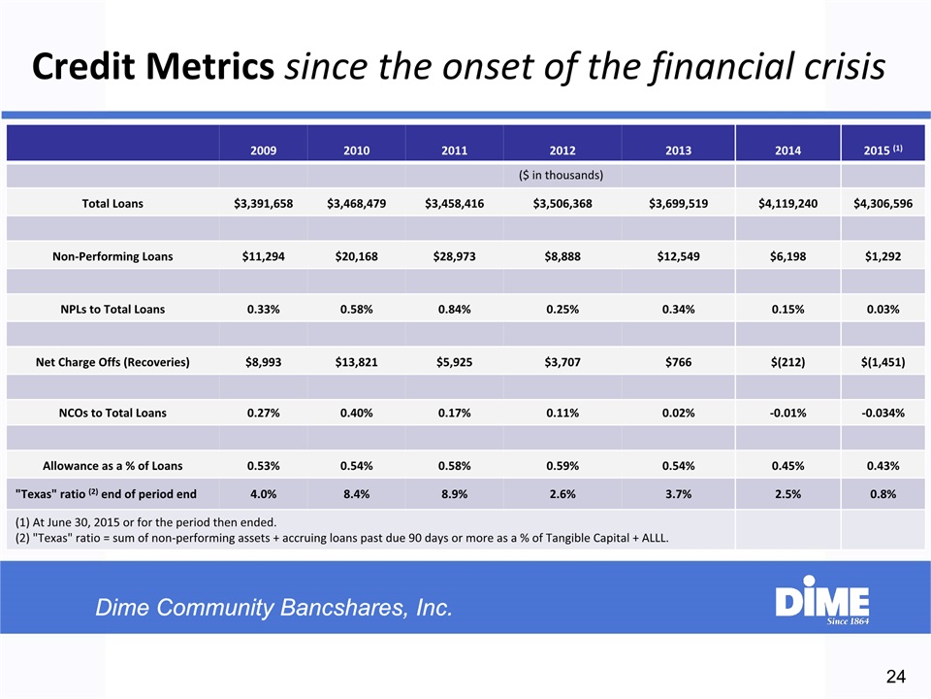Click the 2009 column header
263,150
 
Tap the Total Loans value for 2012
562,203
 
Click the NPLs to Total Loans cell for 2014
788,309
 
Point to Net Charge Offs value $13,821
355,362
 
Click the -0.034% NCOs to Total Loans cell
883,413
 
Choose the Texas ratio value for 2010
355,493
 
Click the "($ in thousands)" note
562,176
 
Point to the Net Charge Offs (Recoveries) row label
112,362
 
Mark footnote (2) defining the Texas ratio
341,538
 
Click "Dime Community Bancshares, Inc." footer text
273,609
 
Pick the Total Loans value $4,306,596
883,203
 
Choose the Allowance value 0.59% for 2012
562,466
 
